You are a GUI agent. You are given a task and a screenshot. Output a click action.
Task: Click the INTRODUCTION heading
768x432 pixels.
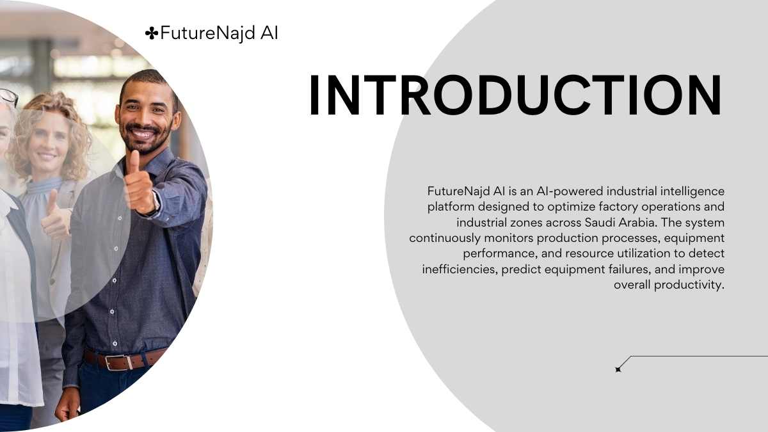click(x=515, y=95)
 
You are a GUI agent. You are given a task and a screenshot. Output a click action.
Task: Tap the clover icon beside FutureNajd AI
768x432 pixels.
click(x=152, y=33)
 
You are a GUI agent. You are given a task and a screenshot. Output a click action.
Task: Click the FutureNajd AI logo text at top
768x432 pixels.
click(x=219, y=33)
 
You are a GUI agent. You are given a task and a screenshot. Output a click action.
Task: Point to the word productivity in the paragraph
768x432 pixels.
click(x=689, y=285)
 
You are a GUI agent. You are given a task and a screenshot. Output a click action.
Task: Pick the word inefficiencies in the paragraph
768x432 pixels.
click(x=460, y=269)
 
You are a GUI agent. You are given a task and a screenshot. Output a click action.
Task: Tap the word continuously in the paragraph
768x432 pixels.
click(x=445, y=238)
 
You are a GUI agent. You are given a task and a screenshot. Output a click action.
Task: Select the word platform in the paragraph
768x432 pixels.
click(x=451, y=207)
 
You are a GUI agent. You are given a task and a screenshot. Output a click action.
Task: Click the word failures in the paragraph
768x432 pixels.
click(x=630, y=269)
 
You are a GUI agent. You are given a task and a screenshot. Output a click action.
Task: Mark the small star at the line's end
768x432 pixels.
click(x=618, y=369)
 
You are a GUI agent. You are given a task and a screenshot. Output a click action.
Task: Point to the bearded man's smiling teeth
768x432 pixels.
click(x=143, y=134)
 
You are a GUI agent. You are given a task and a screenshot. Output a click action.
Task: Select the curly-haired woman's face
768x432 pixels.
click(x=47, y=141)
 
